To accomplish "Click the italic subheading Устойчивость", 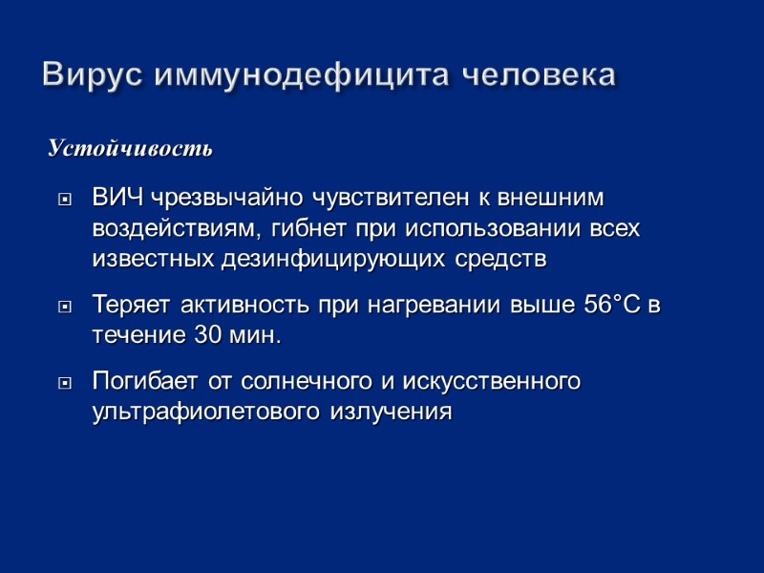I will [130, 150].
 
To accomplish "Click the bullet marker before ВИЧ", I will [65, 201].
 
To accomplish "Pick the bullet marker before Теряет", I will [65, 308].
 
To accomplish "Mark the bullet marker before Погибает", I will [65, 383].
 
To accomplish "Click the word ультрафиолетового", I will [207, 413].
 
